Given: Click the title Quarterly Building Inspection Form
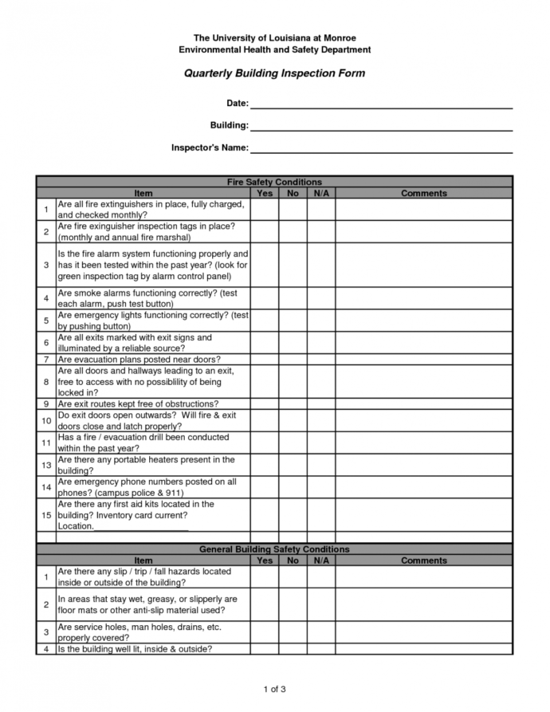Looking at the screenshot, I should (x=274, y=73).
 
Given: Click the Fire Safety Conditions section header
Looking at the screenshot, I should (x=274, y=182).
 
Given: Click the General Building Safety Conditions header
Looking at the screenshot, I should (x=274, y=549).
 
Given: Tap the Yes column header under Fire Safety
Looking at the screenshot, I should (x=265, y=193).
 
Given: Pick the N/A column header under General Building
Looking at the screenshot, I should (x=321, y=561).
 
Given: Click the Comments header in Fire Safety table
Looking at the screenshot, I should (x=423, y=193).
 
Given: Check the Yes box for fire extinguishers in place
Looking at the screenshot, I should (x=265, y=210).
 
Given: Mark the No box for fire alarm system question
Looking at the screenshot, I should (x=293, y=265).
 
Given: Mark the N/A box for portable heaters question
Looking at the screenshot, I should (x=321, y=465).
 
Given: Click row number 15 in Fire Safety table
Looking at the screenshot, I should (x=46, y=515).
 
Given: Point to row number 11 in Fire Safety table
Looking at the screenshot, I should (x=46, y=443).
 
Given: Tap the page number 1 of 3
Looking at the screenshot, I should (x=274, y=689).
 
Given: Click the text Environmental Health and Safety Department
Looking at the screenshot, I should (x=274, y=49).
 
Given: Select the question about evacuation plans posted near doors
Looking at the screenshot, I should (x=139, y=360).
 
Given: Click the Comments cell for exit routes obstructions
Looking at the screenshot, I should (x=423, y=404).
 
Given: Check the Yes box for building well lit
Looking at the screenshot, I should (x=265, y=649).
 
